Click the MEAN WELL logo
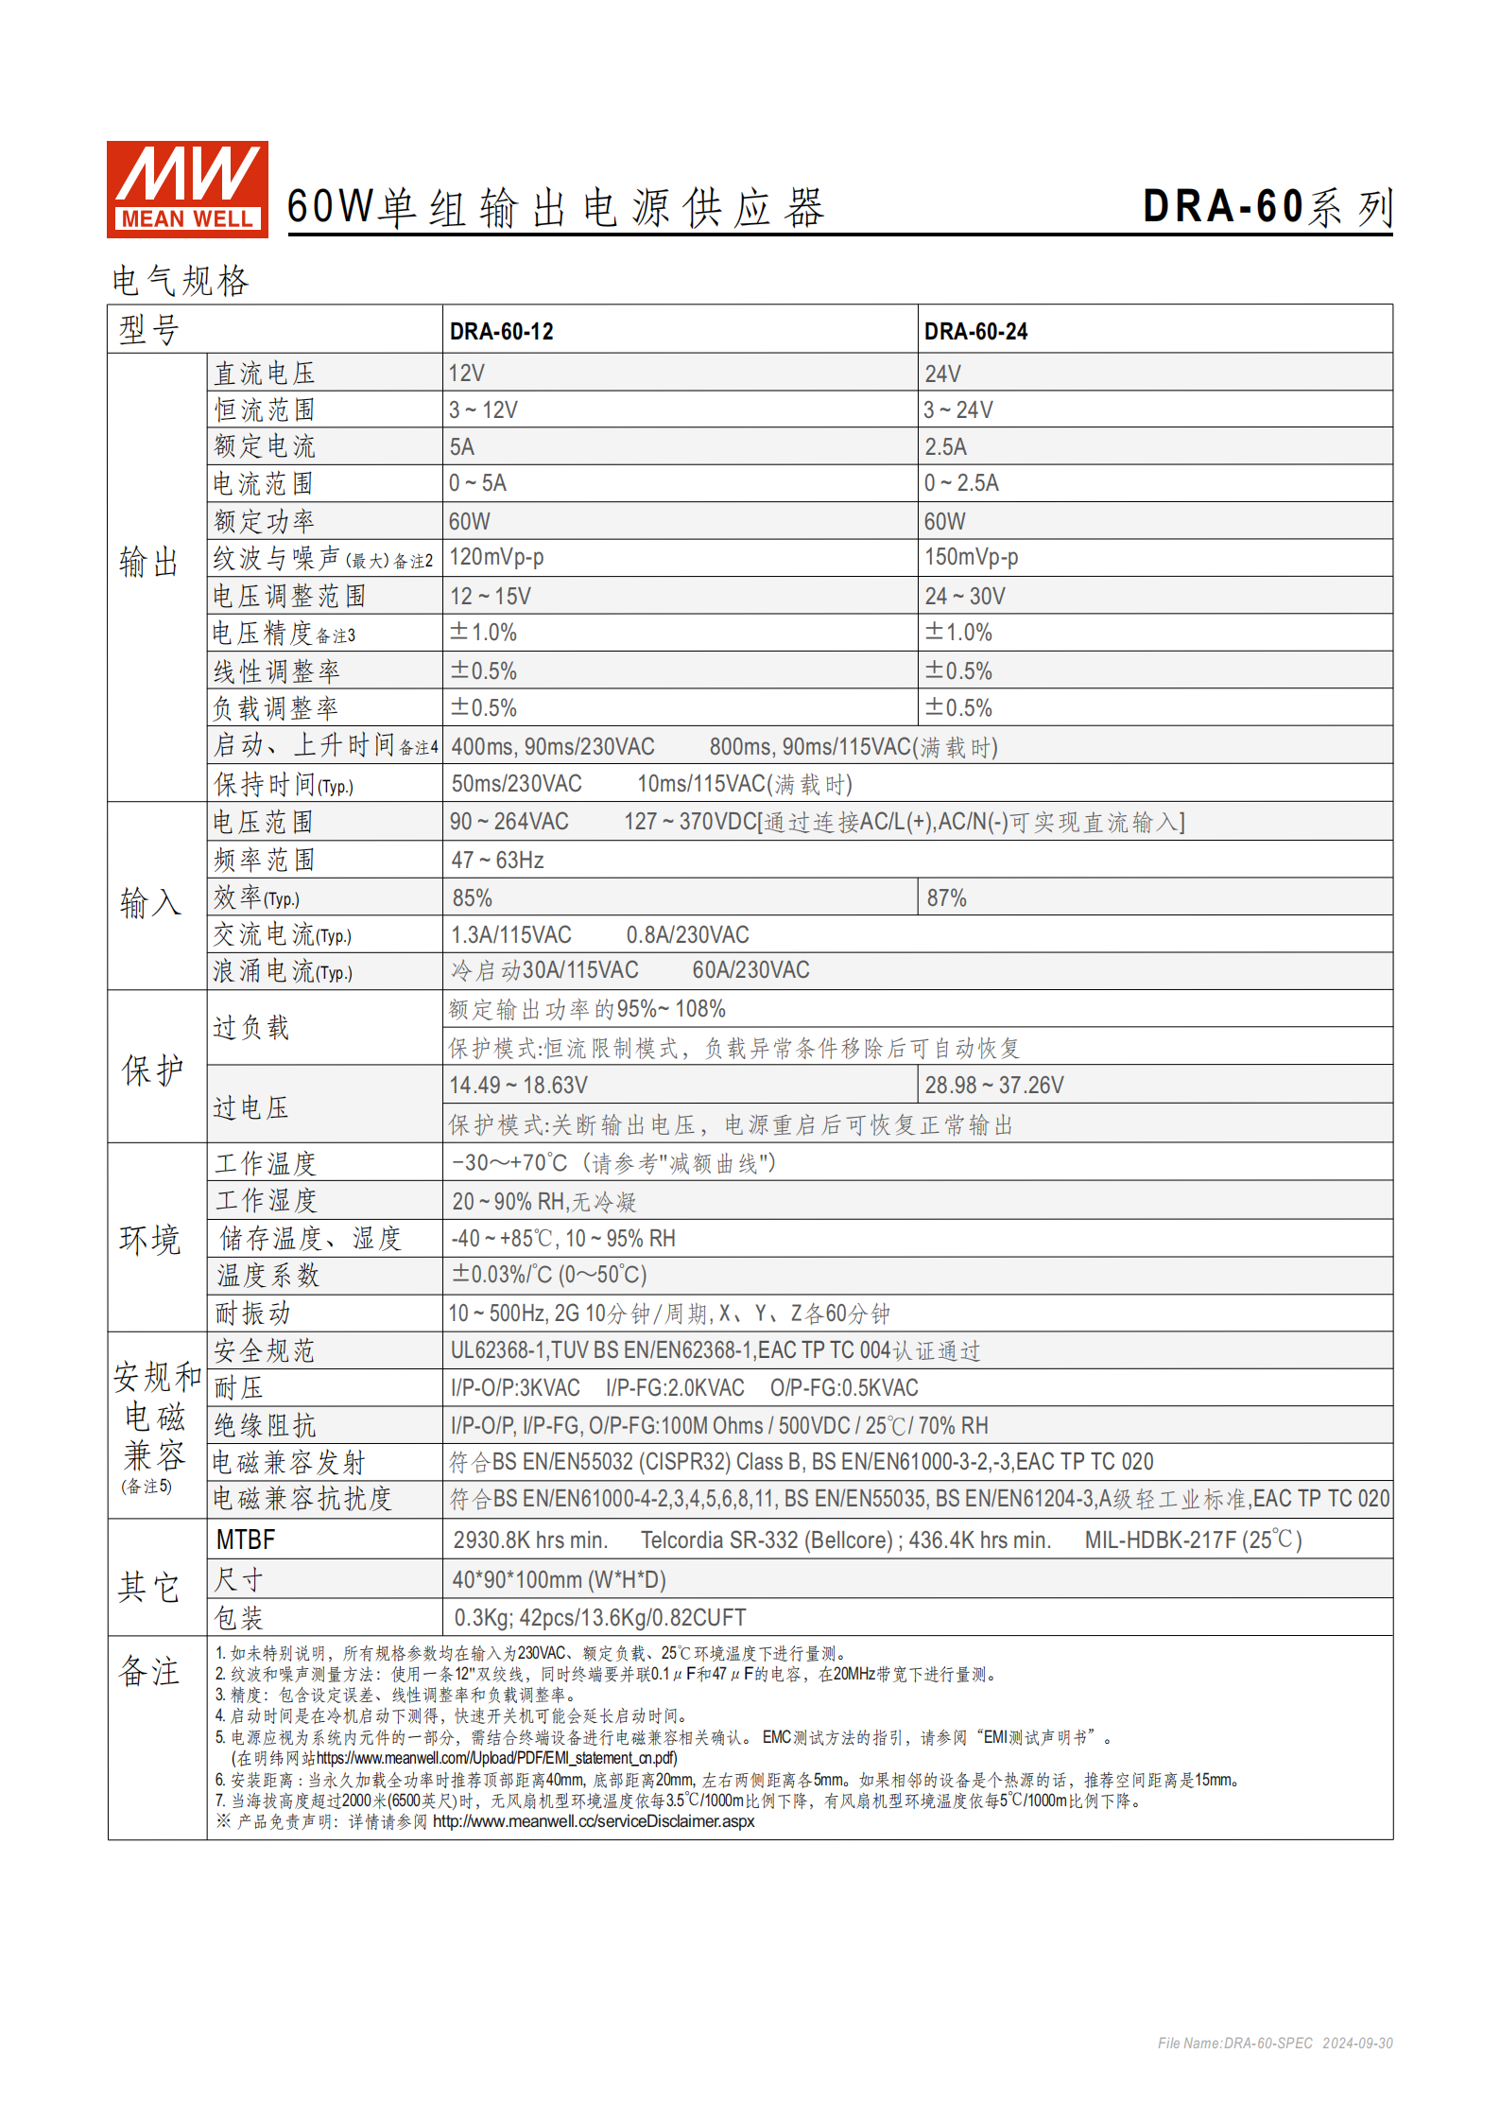pyautogui.click(x=187, y=189)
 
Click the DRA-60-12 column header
pyautogui.click(x=501, y=331)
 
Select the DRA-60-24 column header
pyautogui.click(x=975, y=331)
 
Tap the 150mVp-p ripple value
pyautogui.click(x=971, y=557)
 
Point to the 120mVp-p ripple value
pyautogui.click(x=496, y=557)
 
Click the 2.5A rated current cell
pyautogui.click(x=945, y=447)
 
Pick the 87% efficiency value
pyautogui.click(x=946, y=897)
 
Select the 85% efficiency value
pyautogui.click(x=472, y=897)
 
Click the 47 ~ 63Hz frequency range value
pyautogui.click(x=497, y=860)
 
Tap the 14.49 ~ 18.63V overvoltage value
pyautogui.click(x=518, y=1085)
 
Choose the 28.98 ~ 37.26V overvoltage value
pyautogui.click(x=993, y=1085)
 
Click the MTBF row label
pyautogui.click(x=246, y=1540)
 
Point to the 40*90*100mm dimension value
pyautogui.click(x=559, y=1579)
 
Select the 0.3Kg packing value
pyautogui.click(x=599, y=1617)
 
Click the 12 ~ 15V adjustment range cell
pyautogui.click(x=490, y=596)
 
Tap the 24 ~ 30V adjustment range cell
pyautogui.click(x=964, y=596)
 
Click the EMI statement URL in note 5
pyautogui.click(x=496, y=1758)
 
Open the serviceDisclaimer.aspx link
pyautogui.click(x=594, y=1821)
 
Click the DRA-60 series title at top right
pyautogui.click(x=1267, y=207)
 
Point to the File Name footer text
pyautogui.click(x=1274, y=2043)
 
